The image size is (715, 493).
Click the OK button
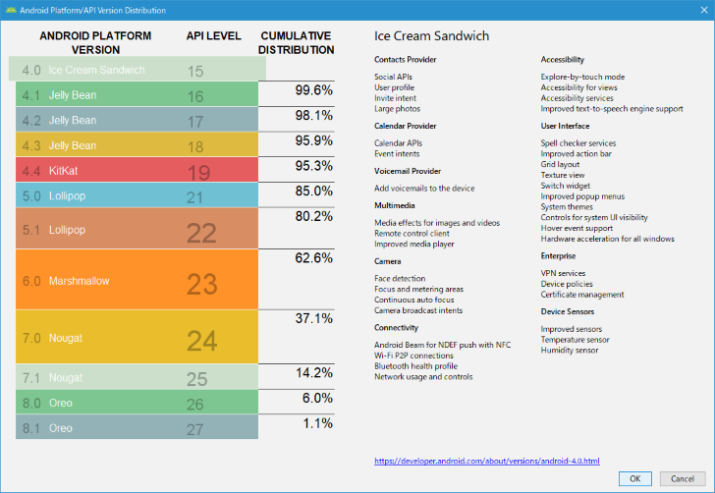click(x=634, y=478)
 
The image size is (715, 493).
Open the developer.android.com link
click(x=487, y=460)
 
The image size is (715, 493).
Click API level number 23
click(x=201, y=284)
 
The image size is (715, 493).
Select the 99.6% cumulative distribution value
click(x=313, y=90)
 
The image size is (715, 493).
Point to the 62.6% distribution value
click(x=313, y=258)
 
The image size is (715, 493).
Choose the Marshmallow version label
click(x=79, y=281)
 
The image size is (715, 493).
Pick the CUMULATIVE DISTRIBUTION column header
click(x=297, y=42)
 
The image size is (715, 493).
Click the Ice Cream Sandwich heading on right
click(x=432, y=36)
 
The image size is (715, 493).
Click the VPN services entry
click(x=563, y=273)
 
